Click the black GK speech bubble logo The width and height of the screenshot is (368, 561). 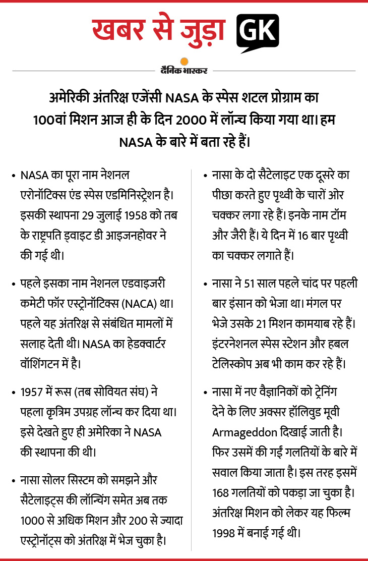257,33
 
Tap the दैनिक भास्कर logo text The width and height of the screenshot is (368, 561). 184,71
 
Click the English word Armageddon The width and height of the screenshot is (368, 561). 243,432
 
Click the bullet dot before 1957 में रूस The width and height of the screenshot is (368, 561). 12,392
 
